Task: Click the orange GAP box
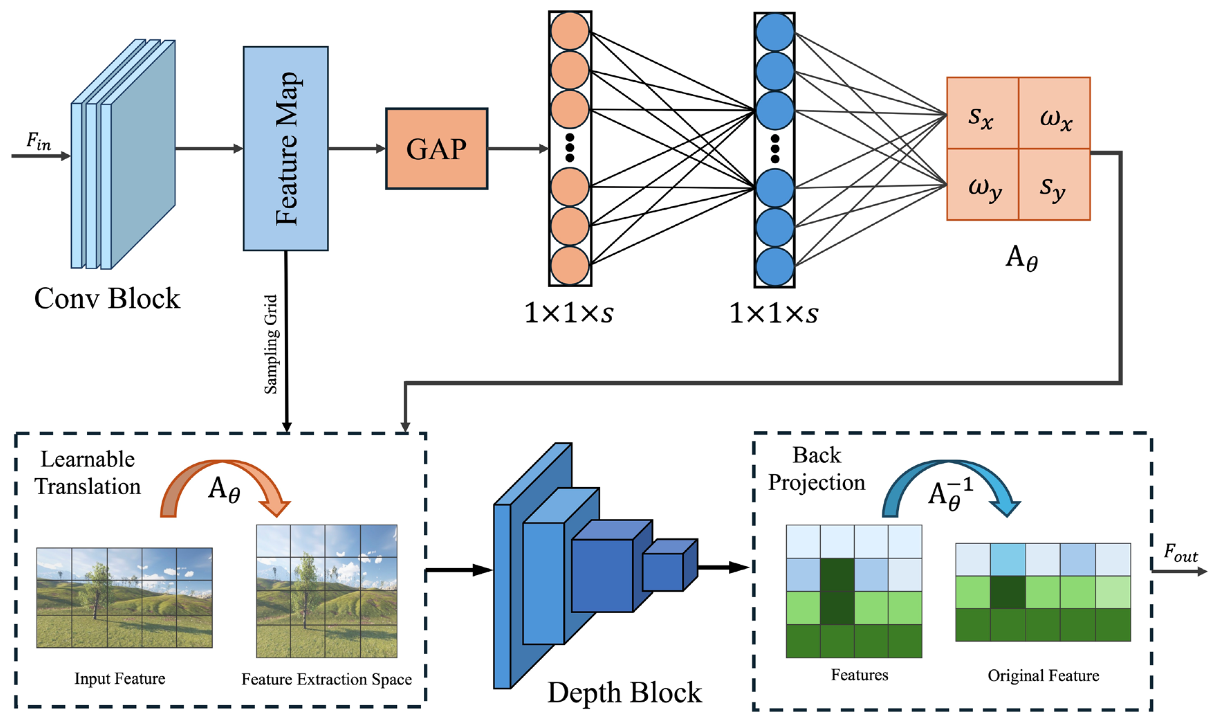(x=437, y=148)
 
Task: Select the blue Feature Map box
(x=286, y=148)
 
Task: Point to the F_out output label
(x=1180, y=553)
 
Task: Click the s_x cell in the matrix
(x=983, y=113)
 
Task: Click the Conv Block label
(x=107, y=298)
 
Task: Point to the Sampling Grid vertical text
(x=271, y=344)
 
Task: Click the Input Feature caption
(x=120, y=679)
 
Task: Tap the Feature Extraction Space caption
(x=326, y=679)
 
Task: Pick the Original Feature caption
(x=1043, y=676)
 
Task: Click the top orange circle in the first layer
(x=570, y=31)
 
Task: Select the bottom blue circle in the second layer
(x=774, y=266)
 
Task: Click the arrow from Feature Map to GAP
(x=357, y=148)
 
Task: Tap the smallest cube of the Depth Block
(x=670, y=565)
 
